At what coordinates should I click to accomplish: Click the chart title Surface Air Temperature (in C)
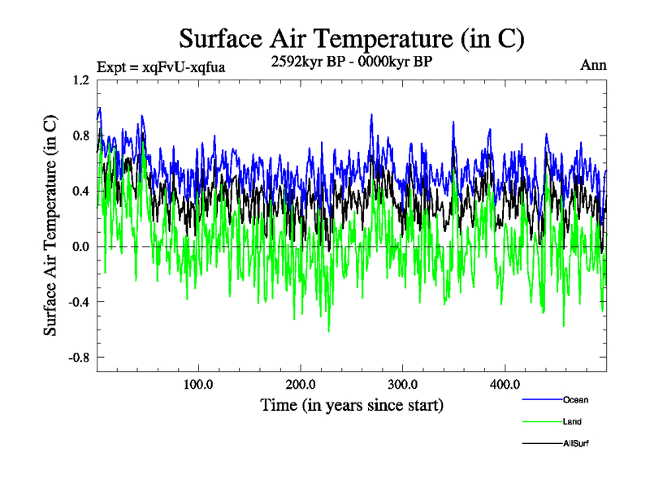(x=351, y=38)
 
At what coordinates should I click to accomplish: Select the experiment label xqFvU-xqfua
(x=160, y=67)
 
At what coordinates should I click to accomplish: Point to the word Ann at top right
(x=593, y=66)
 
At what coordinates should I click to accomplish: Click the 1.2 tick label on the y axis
(x=80, y=80)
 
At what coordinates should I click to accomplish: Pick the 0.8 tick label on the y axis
(x=80, y=136)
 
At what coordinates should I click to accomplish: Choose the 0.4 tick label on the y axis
(x=80, y=191)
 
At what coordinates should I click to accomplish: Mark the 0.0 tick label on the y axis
(x=80, y=246)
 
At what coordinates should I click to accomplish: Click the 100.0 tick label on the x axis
(x=198, y=384)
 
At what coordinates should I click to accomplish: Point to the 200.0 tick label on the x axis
(x=301, y=384)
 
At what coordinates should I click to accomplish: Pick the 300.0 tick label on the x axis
(x=403, y=384)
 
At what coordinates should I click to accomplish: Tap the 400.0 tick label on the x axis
(x=505, y=384)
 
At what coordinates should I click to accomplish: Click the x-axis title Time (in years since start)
(x=351, y=404)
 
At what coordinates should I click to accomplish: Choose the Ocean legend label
(x=575, y=399)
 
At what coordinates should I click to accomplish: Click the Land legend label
(x=572, y=421)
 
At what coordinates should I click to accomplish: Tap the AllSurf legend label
(x=575, y=443)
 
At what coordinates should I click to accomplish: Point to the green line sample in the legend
(x=541, y=421)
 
